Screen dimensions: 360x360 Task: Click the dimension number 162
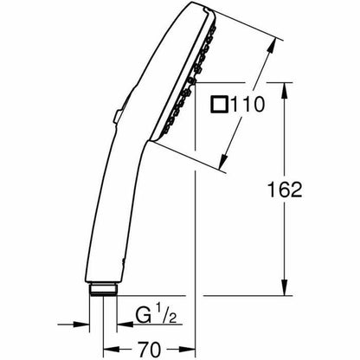pos(285,190)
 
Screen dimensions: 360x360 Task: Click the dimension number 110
pos(247,104)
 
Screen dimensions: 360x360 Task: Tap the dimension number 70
pos(149,350)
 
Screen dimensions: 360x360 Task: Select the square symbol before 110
pos(219,104)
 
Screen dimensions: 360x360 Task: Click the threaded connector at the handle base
pos(103,289)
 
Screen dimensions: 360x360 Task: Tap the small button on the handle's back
pos(118,118)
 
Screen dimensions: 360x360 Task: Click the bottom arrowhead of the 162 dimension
pos(285,287)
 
